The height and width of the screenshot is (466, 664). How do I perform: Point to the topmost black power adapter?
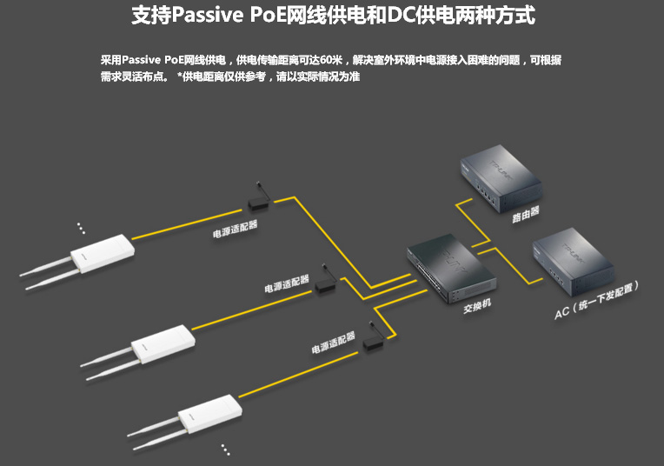tap(257, 203)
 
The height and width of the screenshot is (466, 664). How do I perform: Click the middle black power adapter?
tap(325, 283)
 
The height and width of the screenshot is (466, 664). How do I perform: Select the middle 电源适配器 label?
tap(287, 283)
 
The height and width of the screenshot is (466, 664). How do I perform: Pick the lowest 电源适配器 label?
tap(333, 341)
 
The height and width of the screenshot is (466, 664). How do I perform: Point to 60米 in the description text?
tap(333, 60)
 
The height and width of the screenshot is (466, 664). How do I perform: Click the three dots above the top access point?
tap(81, 227)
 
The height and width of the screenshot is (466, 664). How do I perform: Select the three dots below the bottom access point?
tap(225, 449)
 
